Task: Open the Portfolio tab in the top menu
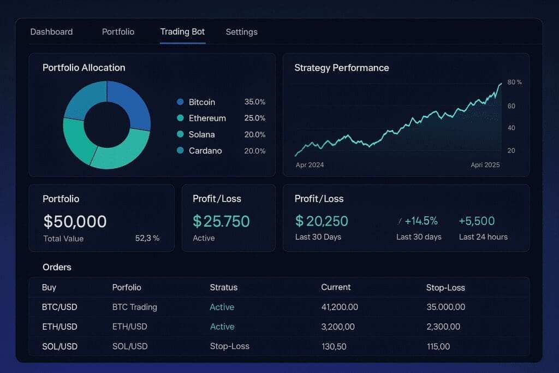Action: point(118,32)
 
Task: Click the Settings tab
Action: point(241,32)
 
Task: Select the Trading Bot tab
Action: point(182,32)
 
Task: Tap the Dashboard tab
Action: point(51,32)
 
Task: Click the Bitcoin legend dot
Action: point(180,102)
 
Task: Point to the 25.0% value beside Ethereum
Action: point(255,118)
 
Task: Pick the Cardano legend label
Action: point(205,151)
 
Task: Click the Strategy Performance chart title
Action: point(342,68)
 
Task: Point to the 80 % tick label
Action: point(514,82)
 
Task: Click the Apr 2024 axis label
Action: point(310,165)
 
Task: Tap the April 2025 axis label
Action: point(485,165)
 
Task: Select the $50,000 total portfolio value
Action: point(75,221)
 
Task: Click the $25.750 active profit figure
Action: point(221,221)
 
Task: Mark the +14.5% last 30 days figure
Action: point(420,221)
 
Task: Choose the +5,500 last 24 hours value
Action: point(477,221)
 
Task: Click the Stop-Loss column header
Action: point(445,287)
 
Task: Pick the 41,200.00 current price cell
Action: point(340,307)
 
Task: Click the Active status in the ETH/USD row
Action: point(222,327)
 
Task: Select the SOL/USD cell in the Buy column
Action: point(60,346)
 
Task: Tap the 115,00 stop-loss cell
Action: point(438,346)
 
